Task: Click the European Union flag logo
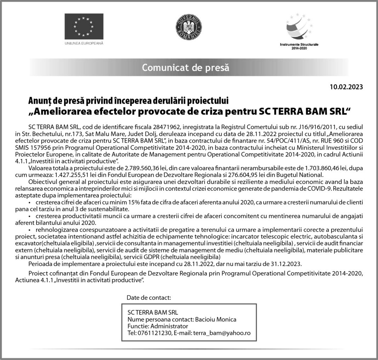pyautogui.click(x=84, y=26)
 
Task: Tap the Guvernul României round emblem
pyautogui.click(x=189, y=28)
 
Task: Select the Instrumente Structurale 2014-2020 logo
pyautogui.click(x=299, y=32)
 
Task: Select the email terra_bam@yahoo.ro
pyautogui.click(x=222, y=333)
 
